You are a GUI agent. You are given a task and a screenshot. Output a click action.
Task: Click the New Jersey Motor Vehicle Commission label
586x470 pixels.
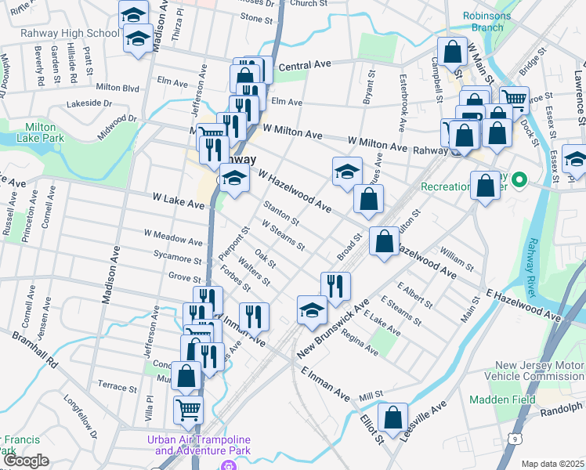point(539,372)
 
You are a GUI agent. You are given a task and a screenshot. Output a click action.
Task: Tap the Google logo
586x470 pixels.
point(26,461)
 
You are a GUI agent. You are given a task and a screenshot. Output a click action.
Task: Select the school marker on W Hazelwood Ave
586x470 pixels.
point(347,172)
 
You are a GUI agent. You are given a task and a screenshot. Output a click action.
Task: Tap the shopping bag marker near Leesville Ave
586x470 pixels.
point(393,417)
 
